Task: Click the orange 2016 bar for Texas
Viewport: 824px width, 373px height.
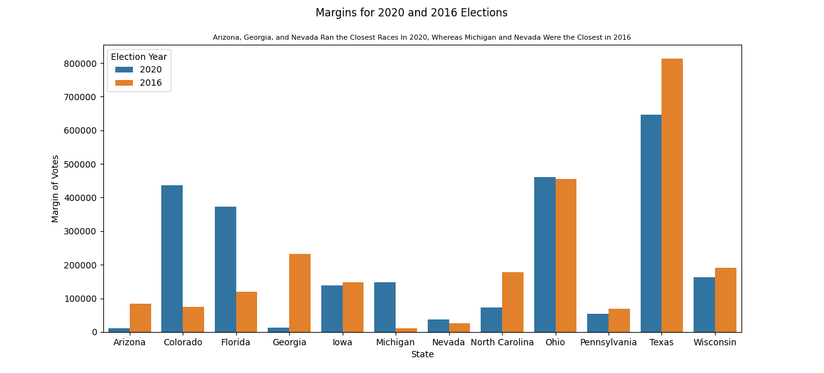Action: [672, 195]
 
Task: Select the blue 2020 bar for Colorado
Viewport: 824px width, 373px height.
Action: [172, 258]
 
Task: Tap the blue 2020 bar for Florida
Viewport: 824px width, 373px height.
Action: [226, 269]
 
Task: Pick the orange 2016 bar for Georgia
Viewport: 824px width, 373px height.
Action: [300, 293]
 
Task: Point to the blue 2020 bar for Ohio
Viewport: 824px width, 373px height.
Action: [545, 255]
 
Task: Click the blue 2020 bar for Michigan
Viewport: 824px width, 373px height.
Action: [385, 307]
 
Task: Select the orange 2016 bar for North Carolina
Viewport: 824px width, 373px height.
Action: [513, 302]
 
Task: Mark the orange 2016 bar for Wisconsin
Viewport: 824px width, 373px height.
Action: [726, 300]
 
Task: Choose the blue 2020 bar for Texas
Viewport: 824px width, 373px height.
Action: [651, 223]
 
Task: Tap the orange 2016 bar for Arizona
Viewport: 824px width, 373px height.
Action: [140, 318]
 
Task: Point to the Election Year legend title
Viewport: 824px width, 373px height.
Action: [139, 57]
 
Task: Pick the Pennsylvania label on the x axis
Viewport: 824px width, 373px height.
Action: [609, 343]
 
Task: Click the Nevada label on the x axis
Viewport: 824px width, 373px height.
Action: [449, 343]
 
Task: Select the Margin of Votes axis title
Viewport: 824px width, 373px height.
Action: [55, 188]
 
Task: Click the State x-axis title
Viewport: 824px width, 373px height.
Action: [422, 355]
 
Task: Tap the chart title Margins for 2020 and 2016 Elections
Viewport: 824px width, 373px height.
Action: [411, 13]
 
